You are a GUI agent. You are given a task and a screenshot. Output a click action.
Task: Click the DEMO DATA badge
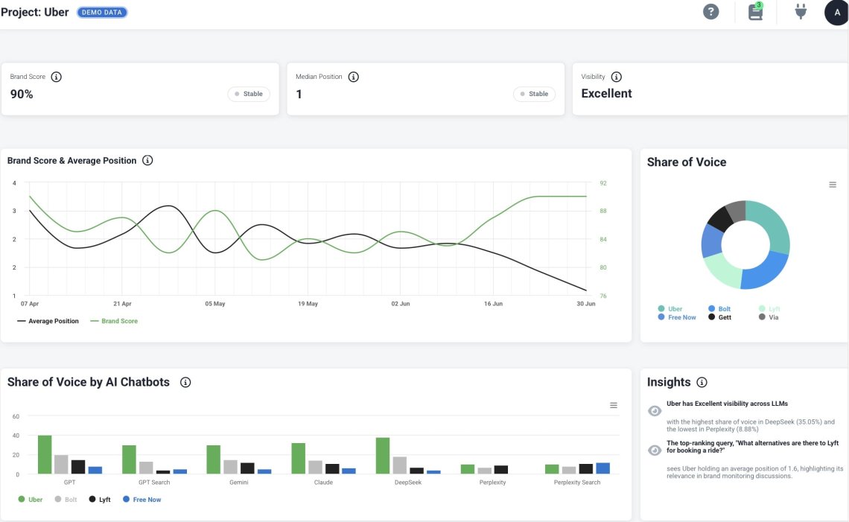(102, 13)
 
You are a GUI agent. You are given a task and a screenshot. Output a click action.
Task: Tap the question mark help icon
(711, 12)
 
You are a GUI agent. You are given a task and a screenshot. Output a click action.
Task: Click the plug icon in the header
(801, 12)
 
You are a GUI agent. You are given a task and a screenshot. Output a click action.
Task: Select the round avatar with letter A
(836, 13)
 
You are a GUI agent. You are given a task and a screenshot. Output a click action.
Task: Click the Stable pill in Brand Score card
(249, 94)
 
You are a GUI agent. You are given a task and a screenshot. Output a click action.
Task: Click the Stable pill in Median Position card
(534, 94)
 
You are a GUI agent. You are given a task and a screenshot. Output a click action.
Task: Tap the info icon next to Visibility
(616, 77)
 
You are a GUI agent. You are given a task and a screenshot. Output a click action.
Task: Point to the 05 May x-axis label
(214, 304)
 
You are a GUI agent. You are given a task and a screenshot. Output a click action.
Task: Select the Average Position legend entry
(48, 321)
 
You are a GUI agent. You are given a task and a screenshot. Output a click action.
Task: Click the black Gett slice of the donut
(719, 218)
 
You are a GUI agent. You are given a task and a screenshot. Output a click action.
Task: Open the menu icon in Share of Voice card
(833, 185)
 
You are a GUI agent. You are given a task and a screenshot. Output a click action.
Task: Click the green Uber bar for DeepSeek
(383, 455)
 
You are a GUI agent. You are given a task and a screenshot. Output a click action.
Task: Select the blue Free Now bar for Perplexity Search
(602, 468)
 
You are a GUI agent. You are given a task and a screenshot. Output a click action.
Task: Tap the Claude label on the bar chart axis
(323, 483)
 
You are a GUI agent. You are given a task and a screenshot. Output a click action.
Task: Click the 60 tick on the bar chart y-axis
(16, 416)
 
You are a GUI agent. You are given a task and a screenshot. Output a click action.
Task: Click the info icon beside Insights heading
(701, 382)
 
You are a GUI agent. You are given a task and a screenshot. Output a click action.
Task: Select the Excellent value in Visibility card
(606, 94)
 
